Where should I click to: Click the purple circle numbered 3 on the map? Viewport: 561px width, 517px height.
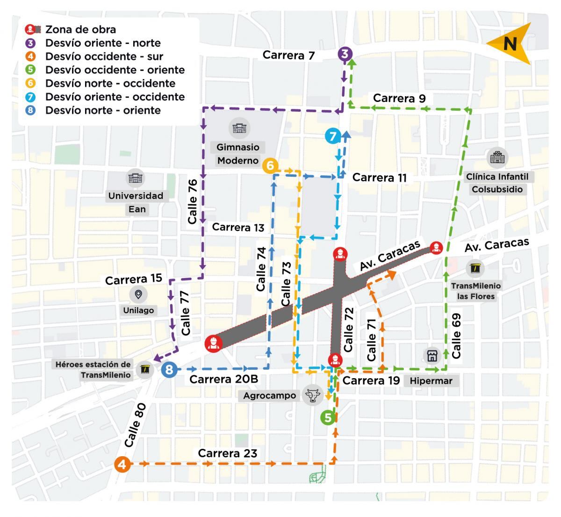[x=345, y=54]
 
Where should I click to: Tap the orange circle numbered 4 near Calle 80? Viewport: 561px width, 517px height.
[x=122, y=465]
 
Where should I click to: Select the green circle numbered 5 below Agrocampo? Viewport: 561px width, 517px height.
[x=328, y=417]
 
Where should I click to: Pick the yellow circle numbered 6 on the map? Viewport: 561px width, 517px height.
[x=270, y=166]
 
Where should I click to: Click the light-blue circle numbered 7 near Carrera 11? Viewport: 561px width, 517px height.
[x=332, y=136]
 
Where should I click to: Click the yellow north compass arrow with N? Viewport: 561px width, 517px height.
[x=510, y=43]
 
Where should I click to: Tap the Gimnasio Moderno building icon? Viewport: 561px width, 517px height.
[x=239, y=128]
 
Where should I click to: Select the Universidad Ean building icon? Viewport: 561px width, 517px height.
[x=136, y=178]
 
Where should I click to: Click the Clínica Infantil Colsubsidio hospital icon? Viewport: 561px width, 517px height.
[x=497, y=158]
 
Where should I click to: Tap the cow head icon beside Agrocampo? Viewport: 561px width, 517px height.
[x=313, y=395]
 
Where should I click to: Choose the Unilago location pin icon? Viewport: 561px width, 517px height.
[x=138, y=294]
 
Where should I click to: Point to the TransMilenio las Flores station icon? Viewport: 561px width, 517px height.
[x=476, y=268]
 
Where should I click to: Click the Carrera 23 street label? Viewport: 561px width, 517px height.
[x=227, y=453]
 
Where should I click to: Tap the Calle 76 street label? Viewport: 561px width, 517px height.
[x=192, y=201]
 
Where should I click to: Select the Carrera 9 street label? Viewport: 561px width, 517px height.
[x=399, y=98]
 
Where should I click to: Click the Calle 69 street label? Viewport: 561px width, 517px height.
[x=456, y=336]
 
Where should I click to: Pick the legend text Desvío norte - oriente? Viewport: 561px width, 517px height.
[x=103, y=110]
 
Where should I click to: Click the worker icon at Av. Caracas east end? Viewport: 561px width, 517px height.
[x=436, y=247]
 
